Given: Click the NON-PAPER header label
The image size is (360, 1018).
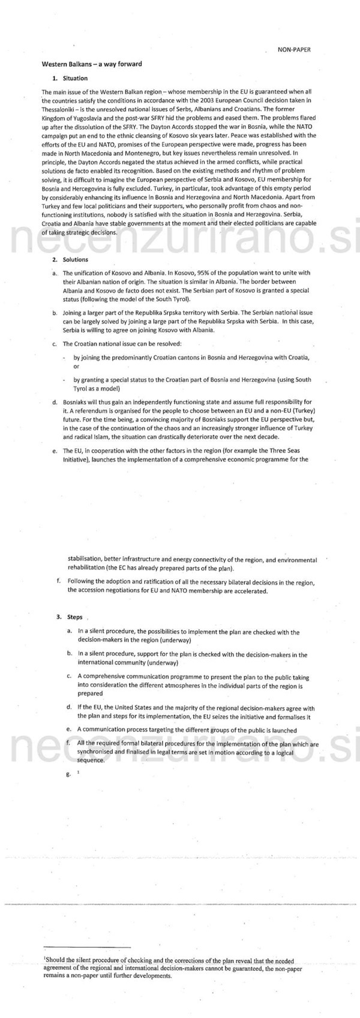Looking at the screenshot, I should click(x=294, y=50).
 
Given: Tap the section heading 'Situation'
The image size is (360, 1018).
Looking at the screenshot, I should click(x=75, y=78).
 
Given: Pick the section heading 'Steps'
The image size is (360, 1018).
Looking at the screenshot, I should click(x=74, y=616).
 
